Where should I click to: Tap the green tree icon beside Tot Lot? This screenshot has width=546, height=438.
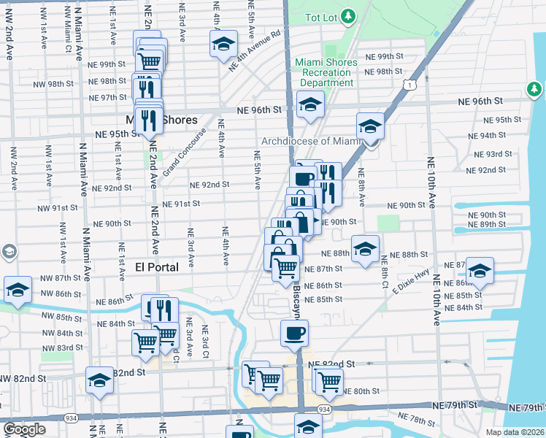pyautogui.click(x=349, y=15)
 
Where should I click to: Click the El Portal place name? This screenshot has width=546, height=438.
pyautogui.click(x=157, y=267)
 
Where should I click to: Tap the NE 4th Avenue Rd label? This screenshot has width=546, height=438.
pyautogui.click(x=255, y=50)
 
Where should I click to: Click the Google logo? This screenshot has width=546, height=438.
pyautogui.click(x=24, y=429)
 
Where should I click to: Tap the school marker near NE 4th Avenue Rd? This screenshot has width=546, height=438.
pyautogui.click(x=223, y=44)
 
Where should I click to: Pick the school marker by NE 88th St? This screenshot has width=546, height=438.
pyautogui.click(x=365, y=248)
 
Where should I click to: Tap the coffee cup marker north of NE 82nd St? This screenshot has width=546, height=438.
pyautogui.click(x=294, y=333)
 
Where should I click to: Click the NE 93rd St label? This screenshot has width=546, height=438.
pyautogui.click(x=489, y=155)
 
